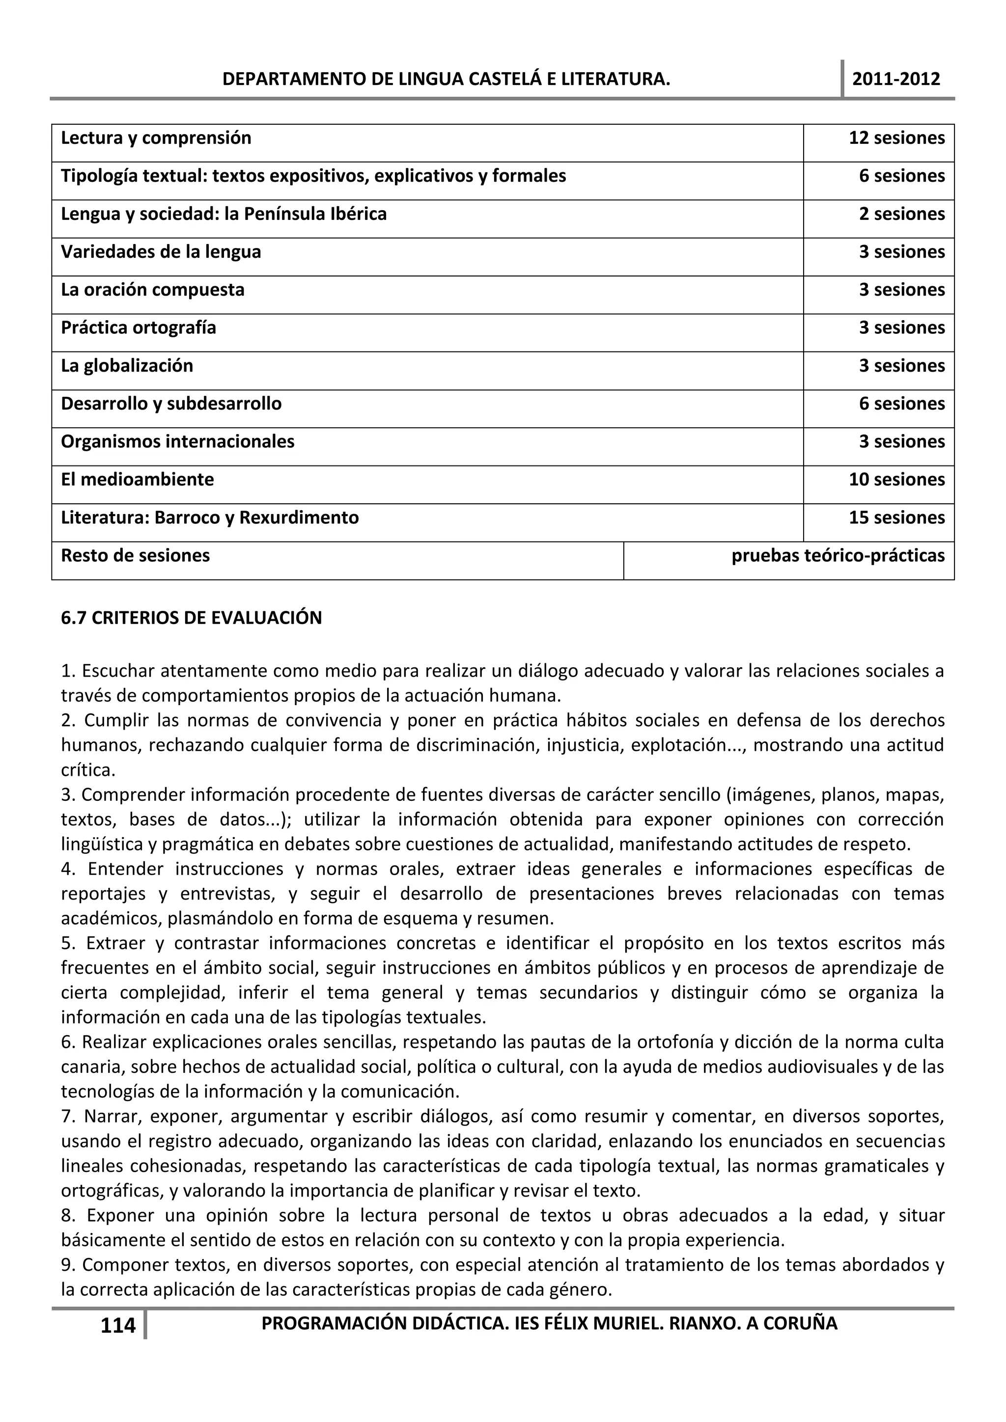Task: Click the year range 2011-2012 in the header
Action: pos(896,79)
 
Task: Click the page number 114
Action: pos(118,1325)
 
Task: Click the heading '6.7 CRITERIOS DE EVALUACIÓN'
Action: pos(192,618)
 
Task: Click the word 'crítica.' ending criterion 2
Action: pos(88,770)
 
